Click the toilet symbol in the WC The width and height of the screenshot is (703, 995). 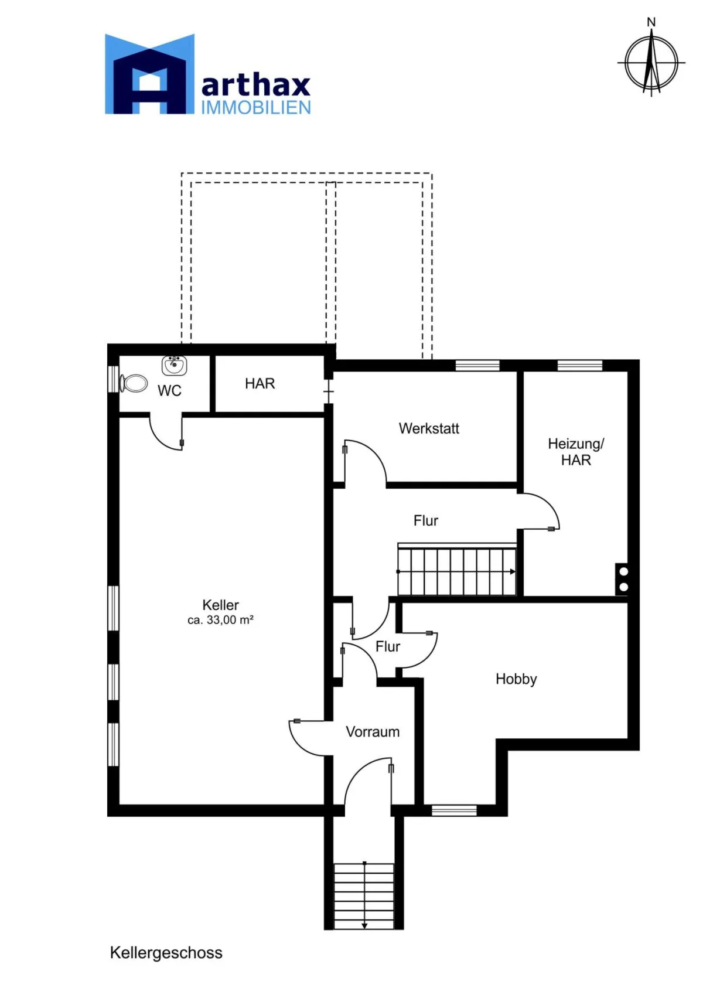[133, 383]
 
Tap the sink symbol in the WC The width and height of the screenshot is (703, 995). [174, 365]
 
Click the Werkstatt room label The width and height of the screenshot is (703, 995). [429, 429]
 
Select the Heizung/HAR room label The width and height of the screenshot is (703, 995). [575, 452]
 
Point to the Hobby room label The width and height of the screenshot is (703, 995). [516, 679]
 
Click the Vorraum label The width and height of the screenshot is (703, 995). [373, 731]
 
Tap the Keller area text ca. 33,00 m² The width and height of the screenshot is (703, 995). [220, 620]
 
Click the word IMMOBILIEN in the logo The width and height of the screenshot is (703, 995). [256, 108]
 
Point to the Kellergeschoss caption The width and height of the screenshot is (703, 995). [166, 953]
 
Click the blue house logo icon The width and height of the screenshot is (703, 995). [149, 74]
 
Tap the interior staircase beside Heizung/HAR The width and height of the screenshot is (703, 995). [457, 570]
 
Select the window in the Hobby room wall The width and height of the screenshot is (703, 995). [454, 810]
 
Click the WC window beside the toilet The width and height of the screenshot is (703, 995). [113, 379]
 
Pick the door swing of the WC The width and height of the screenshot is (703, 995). [166, 432]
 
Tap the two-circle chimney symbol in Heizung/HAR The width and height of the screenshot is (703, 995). [623, 579]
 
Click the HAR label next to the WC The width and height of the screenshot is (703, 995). [260, 383]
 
